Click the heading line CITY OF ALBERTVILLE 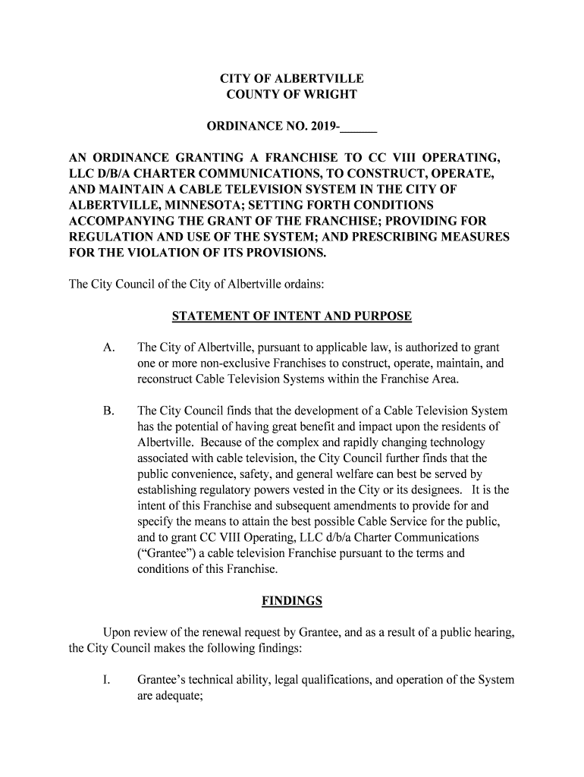coord(292,79)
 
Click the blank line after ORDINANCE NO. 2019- coord(360,127)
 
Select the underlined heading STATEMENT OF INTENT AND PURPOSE coord(292,316)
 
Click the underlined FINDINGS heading coord(292,601)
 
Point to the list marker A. coord(108,348)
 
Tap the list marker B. coord(108,411)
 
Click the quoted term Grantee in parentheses coord(165,553)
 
